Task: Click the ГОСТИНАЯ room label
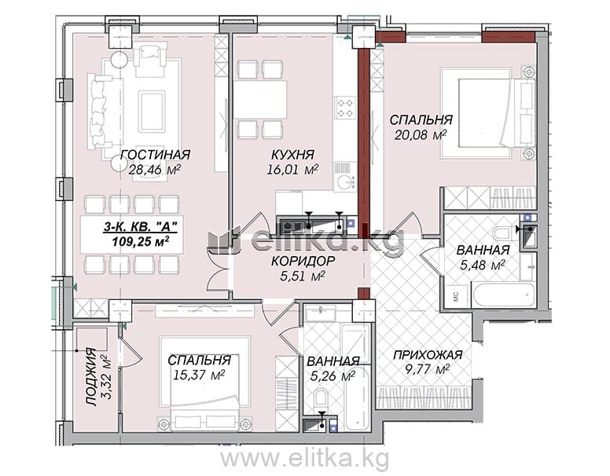[x=156, y=155]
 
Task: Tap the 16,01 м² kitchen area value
[x=293, y=170]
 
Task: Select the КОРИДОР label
[x=303, y=261]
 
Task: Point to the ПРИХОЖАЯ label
[x=428, y=355]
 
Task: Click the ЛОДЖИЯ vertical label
[x=91, y=377]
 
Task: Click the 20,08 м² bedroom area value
[x=420, y=135]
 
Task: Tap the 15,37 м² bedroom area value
[x=199, y=375]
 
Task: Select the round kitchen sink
[x=345, y=182]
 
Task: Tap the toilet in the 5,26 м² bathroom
[x=321, y=398]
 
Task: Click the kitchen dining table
[x=260, y=100]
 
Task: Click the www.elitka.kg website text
[x=305, y=458]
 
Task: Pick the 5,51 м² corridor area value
[x=303, y=276]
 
